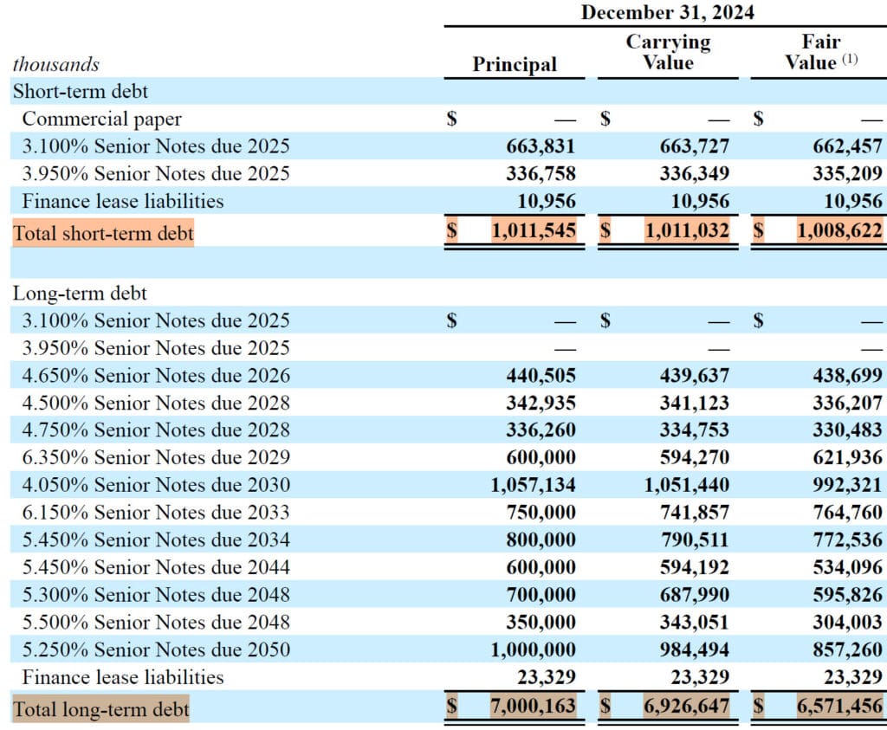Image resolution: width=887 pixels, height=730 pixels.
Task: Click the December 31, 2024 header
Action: coord(667,12)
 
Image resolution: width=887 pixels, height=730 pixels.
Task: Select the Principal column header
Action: coord(515,64)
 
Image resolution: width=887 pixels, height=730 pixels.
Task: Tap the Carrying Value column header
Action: coord(668,52)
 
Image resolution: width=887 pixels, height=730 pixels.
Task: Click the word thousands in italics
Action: coord(55,64)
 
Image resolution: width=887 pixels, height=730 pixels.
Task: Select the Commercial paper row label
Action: coord(101,119)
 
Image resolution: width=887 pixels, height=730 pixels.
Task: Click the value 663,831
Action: coord(541,146)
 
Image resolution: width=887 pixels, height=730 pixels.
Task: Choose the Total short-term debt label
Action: coord(103,233)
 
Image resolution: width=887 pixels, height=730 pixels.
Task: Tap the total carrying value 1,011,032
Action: coord(687,231)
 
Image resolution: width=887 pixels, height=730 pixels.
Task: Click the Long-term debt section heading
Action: coord(80,294)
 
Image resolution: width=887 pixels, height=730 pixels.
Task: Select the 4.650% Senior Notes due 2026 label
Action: coord(156,376)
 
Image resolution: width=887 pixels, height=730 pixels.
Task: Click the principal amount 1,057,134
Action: coord(533,485)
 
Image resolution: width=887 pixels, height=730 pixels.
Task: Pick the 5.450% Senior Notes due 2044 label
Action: coord(156,567)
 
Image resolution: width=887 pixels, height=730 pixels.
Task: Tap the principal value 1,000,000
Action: coord(533,649)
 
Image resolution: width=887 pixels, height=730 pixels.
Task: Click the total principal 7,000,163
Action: coord(533,707)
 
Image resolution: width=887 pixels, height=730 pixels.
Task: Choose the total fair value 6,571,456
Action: coord(839,707)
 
